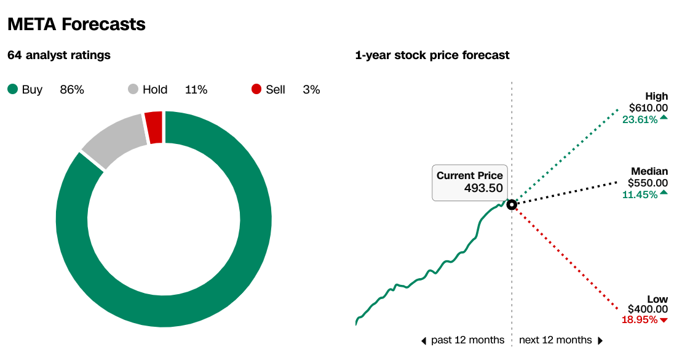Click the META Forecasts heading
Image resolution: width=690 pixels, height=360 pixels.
[77, 24]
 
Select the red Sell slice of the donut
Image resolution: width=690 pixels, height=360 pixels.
[154, 127]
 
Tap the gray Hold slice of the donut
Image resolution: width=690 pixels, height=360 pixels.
[115, 140]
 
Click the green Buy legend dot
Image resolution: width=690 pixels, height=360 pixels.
[13, 89]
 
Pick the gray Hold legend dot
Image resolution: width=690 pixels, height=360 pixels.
[133, 89]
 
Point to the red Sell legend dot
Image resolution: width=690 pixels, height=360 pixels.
[256, 89]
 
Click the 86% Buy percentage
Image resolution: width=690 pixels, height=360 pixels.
[72, 90]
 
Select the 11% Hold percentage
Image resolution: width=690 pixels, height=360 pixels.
[196, 90]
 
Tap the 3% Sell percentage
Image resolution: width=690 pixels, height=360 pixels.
[311, 90]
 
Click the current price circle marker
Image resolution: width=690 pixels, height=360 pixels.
[511, 205]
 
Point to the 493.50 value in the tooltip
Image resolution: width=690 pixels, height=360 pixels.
[483, 188]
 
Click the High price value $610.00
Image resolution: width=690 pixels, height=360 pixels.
[648, 108]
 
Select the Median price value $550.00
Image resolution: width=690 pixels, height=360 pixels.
[648, 183]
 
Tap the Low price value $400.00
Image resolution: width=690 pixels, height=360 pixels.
[648, 310]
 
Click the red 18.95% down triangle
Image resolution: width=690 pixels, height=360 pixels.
[664, 320]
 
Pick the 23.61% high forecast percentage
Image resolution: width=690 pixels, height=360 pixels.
[640, 120]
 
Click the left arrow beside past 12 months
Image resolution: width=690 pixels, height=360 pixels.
[424, 341]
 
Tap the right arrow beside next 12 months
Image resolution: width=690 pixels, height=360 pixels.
[600, 341]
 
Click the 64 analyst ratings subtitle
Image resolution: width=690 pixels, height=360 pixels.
[59, 55]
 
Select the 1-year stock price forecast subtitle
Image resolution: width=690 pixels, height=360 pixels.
[432, 55]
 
